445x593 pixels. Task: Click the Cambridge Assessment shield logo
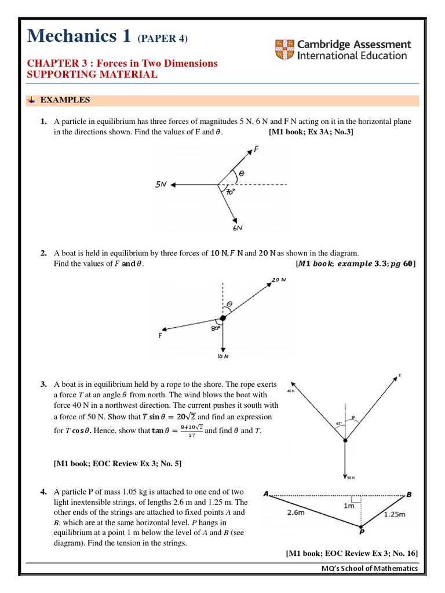tap(283, 50)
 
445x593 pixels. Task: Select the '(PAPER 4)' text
tap(162, 38)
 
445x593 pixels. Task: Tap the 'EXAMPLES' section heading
tap(64, 100)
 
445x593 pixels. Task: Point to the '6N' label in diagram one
tap(238, 228)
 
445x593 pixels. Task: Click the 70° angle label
tap(230, 192)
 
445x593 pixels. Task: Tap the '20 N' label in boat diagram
tap(279, 280)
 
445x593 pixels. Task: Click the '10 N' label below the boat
tap(223, 357)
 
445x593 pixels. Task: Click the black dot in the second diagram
tap(222, 317)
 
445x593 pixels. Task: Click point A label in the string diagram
tap(266, 494)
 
